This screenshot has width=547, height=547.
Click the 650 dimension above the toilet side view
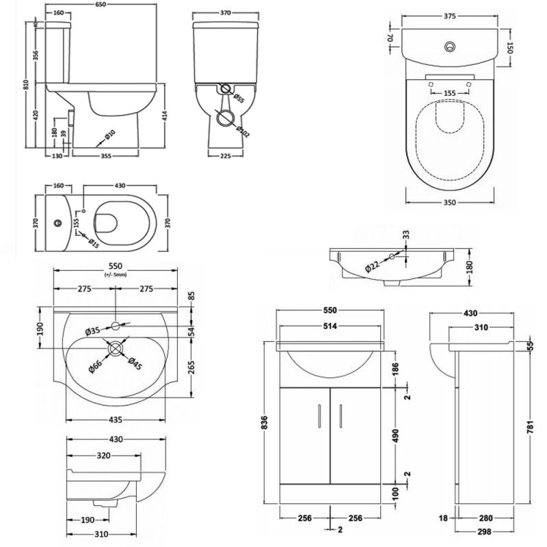101,4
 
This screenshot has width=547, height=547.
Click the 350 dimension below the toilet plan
449,202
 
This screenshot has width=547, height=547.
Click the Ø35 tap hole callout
93,332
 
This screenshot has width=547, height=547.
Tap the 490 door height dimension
395,435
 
